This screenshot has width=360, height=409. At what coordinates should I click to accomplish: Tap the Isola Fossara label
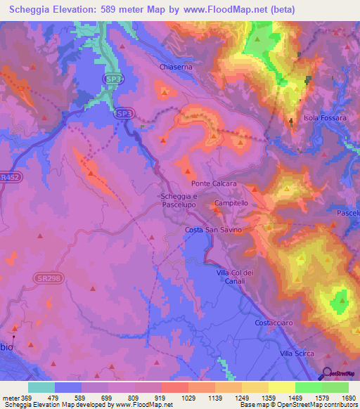tap(325, 118)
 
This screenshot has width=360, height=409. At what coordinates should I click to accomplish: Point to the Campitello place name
tap(232, 202)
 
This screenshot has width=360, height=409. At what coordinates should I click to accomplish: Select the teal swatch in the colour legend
tap(41, 387)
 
